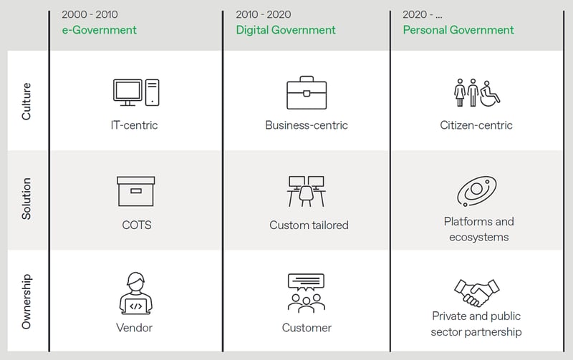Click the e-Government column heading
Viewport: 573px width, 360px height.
tap(99, 30)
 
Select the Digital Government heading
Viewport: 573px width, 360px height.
tap(286, 30)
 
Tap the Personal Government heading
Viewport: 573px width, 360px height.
tap(458, 30)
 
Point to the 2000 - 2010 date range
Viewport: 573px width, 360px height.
tap(90, 14)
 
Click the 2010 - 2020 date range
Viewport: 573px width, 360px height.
tap(264, 14)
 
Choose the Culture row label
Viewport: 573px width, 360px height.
tap(27, 101)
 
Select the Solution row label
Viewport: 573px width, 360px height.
tap(27, 199)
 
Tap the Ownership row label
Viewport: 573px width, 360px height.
tap(27, 301)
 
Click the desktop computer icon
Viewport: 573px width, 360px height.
tap(136, 93)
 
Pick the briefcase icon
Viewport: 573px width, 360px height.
tap(307, 93)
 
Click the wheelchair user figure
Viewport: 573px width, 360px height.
tap(490, 94)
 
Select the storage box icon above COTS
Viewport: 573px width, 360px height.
tap(136, 191)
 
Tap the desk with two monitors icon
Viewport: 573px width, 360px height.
tap(307, 191)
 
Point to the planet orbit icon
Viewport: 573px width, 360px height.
tap(476, 191)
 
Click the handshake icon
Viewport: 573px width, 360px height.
tap(477, 293)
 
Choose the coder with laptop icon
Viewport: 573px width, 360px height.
tap(136, 293)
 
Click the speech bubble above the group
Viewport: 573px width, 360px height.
tap(307, 282)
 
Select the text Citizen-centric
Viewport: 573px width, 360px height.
tap(476, 125)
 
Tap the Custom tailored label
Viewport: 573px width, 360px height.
tap(309, 225)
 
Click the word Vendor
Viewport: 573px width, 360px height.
tap(134, 328)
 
